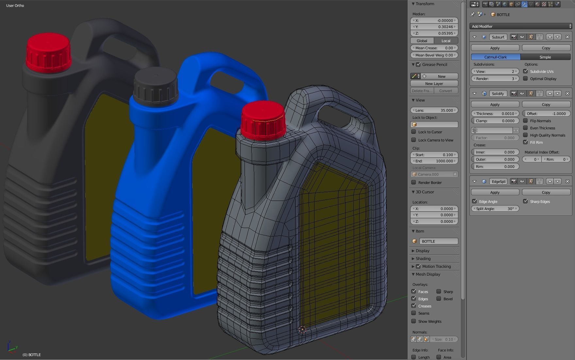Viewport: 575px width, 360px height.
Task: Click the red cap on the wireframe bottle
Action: (x=263, y=120)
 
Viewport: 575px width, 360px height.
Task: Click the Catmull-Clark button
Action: (x=495, y=57)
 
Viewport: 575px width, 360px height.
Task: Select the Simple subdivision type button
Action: (x=545, y=57)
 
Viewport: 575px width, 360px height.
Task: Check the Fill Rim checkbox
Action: (x=525, y=142)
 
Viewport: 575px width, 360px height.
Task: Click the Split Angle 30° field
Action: (x=495, y=209)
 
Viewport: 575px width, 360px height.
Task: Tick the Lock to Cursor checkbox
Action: (x=414, y=132)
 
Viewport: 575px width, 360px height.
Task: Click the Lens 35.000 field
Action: (x=434, y=110)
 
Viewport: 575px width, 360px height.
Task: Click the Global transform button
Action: (x=422, y=41)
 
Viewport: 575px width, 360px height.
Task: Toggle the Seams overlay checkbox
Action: (x=414, y=313)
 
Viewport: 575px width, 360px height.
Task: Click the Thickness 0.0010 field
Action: (x=495, y=114)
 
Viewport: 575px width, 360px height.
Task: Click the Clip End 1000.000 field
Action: (x=434, y=161)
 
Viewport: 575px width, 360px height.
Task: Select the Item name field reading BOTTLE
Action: (x=438, y=241)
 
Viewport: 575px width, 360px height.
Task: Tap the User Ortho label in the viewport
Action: (x=15, y=6)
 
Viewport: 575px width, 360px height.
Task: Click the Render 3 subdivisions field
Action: (x=495, y=79)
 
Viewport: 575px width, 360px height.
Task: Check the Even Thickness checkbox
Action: (x=525, y=128)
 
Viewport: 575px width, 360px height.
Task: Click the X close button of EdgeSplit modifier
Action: (x=567, y=181)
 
